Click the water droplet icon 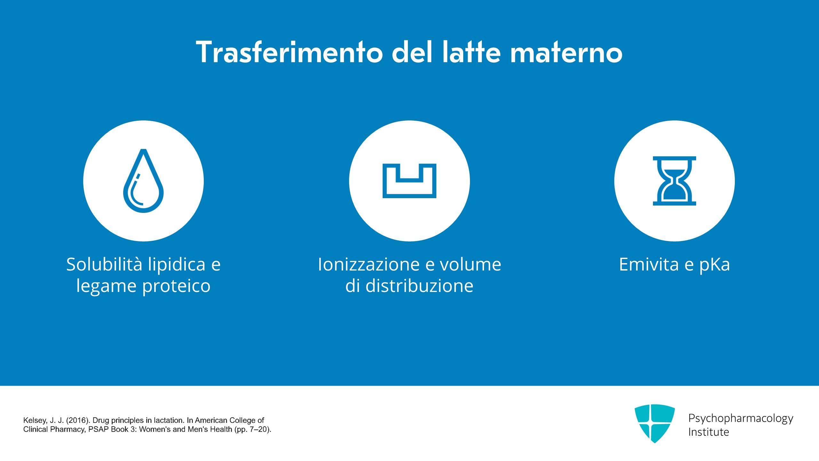pyautogui.click(x=143, y=181)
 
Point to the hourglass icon pyautogui.click(x=674, y=181)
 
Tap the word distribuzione pyautogui.click(x=419, y=286)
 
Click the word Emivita pyautogui.click(x=649, y=264)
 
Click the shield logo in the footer pyautogui.click(x=655, y=423)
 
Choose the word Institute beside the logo pyautogui.click(x=709, y=432)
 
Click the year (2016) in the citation pyautogui.click(x=78, y=420)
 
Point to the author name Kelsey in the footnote pyautogui.click(x=36, y=420)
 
